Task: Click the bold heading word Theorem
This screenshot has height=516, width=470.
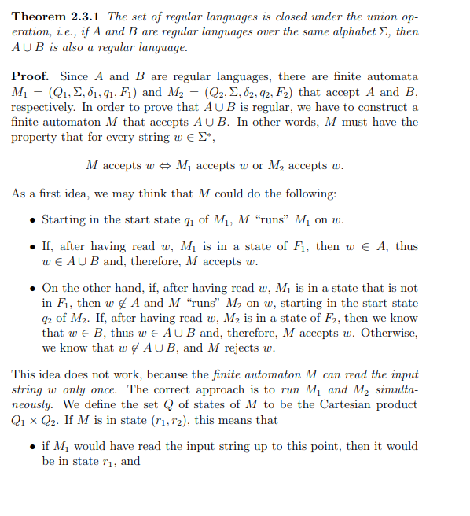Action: click(x=39, y=17)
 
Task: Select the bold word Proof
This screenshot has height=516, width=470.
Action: click(x=30, y=77)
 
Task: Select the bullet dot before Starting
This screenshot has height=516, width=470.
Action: click(x=31, y=219)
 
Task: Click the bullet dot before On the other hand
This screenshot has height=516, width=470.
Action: click(x=31, y=289)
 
